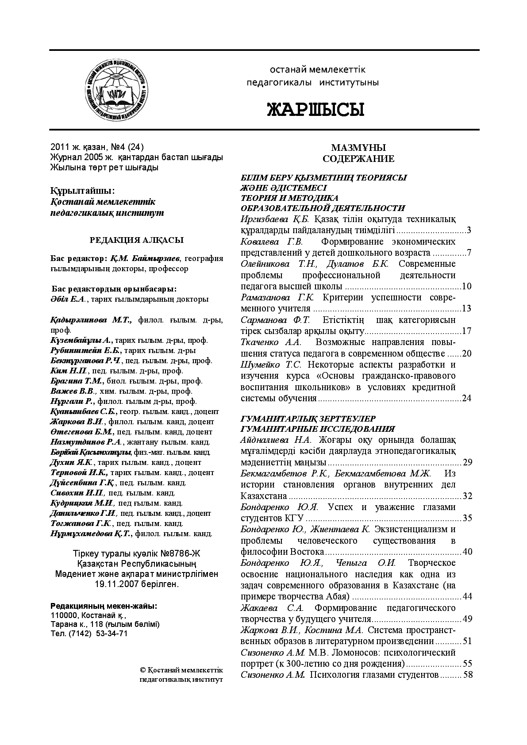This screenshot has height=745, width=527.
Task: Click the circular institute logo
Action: pyautogui.click(x=116, y=89)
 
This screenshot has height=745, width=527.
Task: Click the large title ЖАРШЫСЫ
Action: pyautogui.click(x=315, y=109)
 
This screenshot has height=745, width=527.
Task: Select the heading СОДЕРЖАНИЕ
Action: pyautogui.click(x=358, y=159)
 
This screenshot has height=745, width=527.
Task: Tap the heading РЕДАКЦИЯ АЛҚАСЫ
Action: pyautogui.click(x=137, y=240)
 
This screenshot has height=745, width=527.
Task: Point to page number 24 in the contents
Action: pyautogui.click(x=466, y=398)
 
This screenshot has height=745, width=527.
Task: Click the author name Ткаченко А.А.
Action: pyautogui.click(x=271, y=342)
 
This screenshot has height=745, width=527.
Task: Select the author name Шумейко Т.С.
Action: pyautogui.click(x=271, y=365)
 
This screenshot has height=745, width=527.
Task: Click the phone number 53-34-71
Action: pyautogui.click(x=112, y=633)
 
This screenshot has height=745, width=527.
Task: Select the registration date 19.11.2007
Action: pyautogui.click(x=115, y=584)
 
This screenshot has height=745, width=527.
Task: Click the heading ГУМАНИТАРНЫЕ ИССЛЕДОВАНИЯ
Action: pyautogui.click(x=317, y=429)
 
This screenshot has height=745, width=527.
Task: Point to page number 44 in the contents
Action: pyautogui.click(x=467, y=596)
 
